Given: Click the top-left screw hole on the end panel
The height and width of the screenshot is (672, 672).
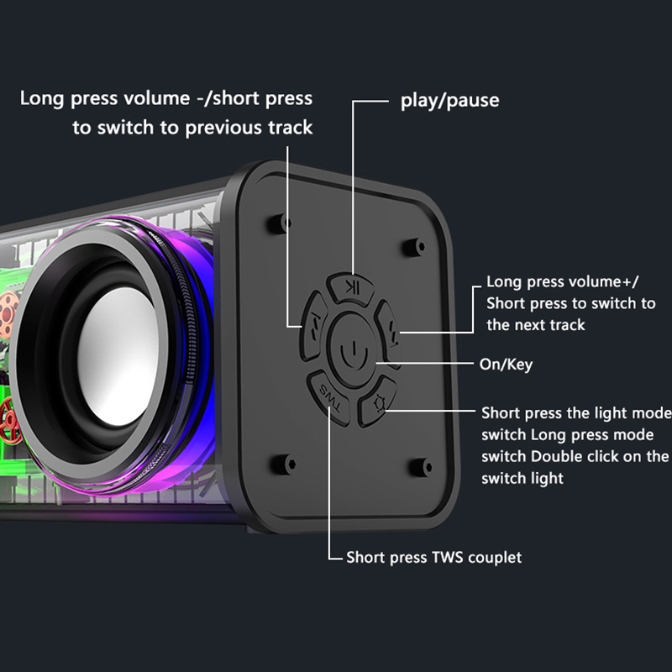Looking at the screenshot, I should tap(276, 224).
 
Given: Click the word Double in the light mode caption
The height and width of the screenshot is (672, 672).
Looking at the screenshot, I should tap(561, 457).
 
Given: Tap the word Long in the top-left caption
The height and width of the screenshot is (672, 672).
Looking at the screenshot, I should tap(41, 98).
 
